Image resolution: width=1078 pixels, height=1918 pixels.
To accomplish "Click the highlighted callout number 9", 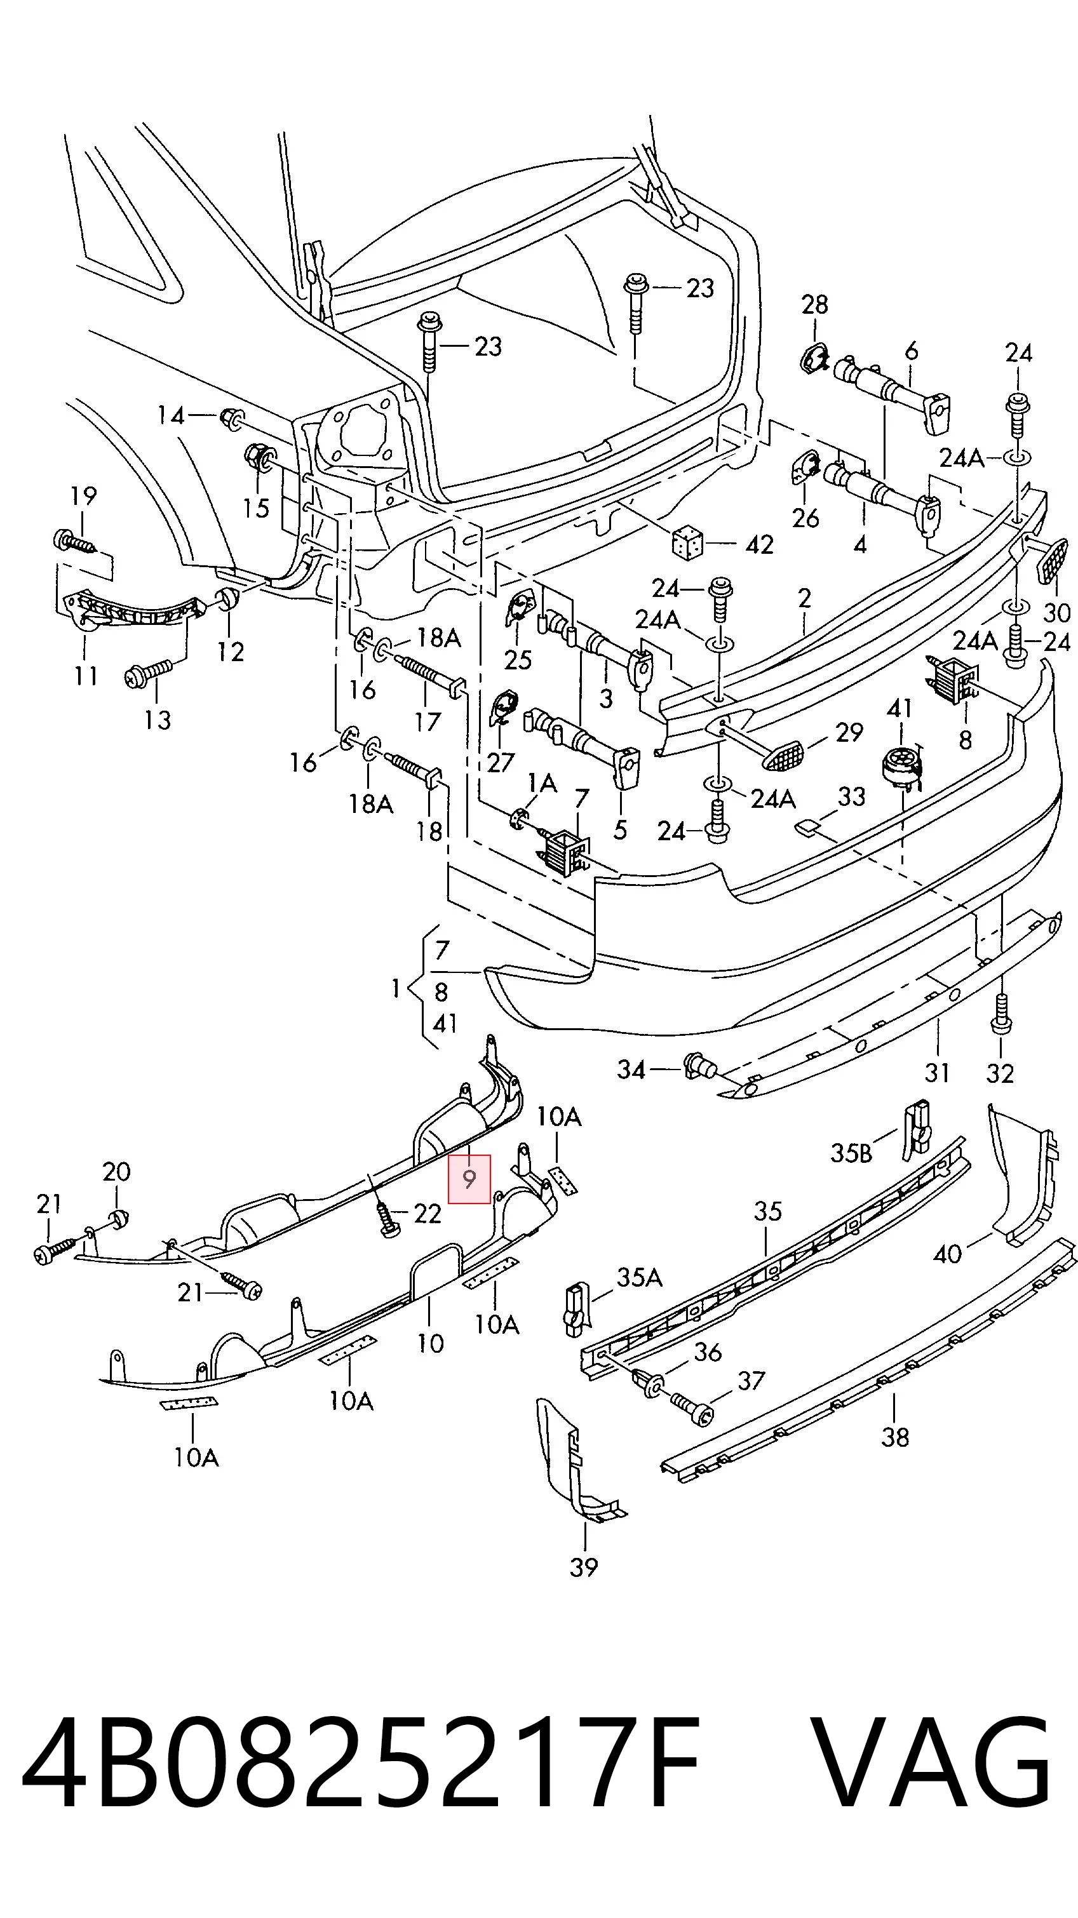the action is [468, 1179].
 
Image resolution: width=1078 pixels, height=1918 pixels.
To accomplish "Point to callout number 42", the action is [759, 545].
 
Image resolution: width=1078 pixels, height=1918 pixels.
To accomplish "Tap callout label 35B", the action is [851, 1153].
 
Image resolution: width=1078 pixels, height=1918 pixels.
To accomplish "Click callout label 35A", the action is [640, 1278].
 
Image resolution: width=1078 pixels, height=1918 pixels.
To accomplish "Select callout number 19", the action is [83, 495].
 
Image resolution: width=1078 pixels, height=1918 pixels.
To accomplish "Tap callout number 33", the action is [852, 796].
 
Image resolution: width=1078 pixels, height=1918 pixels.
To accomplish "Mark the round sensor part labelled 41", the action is [901, 765].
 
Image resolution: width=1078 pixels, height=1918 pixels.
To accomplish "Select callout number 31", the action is [937, 1073].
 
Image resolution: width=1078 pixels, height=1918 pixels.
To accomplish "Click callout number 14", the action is [170, 415].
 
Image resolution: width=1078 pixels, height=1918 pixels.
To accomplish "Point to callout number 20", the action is [116, 1172].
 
